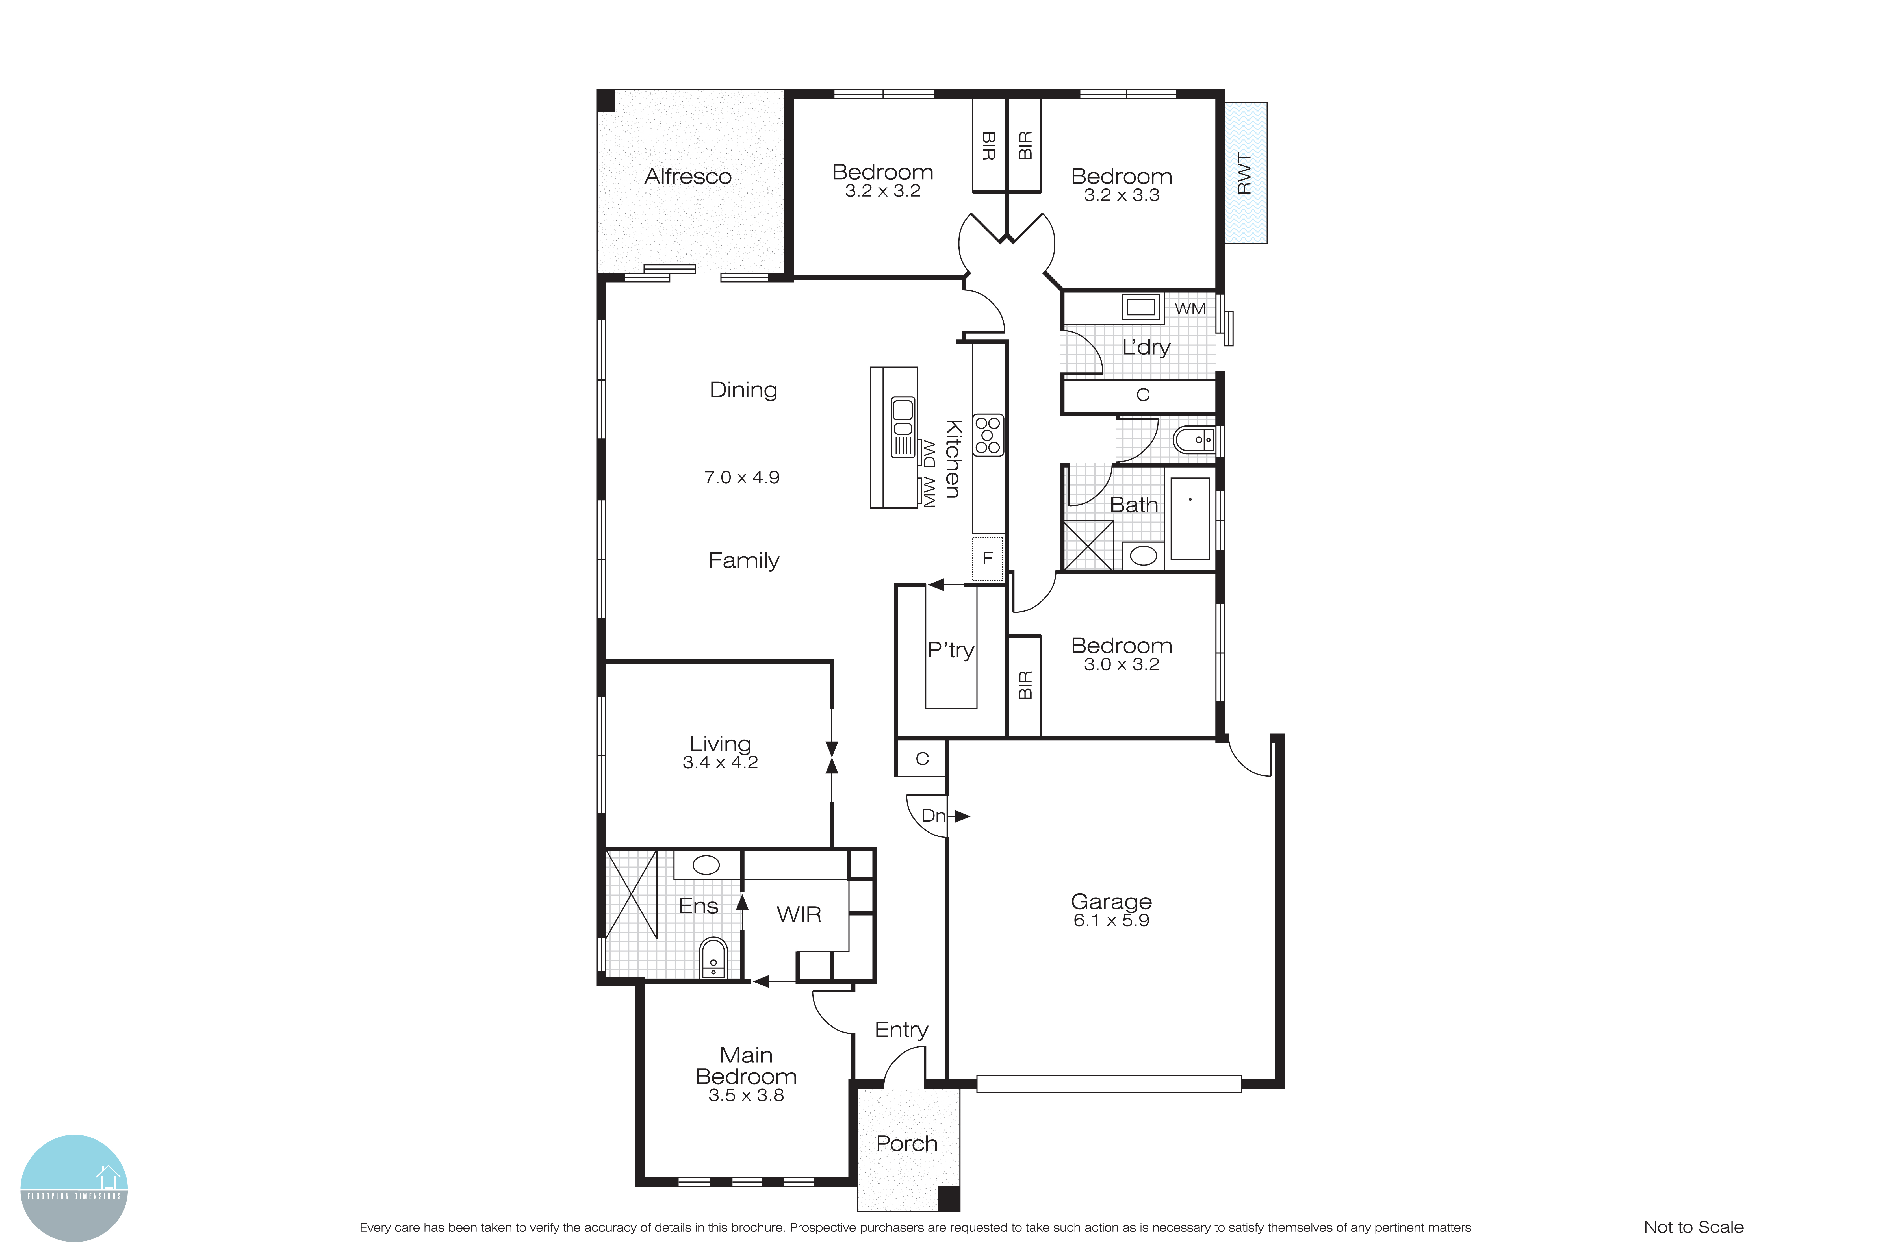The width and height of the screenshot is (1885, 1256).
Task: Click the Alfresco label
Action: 687,176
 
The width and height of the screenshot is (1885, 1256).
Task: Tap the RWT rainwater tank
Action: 1245,173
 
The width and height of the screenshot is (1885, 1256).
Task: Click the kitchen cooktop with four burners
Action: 988,435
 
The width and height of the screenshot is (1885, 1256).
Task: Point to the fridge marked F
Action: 988,558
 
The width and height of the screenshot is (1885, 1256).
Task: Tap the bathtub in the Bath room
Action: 1190,518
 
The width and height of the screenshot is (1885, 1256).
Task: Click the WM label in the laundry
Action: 1190,308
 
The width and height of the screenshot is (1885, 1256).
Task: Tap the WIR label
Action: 799,914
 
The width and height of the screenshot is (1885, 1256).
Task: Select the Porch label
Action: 906,1143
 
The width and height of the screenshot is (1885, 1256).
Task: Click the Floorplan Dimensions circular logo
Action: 74,1188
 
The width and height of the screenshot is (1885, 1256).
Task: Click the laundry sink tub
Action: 1140,307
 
